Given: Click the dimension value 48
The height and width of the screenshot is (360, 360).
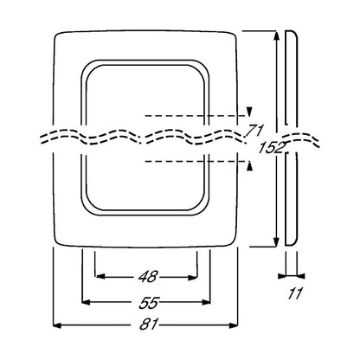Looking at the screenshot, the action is click(148, 277).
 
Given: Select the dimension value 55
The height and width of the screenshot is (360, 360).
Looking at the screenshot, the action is click(149, 303).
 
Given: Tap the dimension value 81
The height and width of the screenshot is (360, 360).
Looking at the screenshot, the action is click(149, 325).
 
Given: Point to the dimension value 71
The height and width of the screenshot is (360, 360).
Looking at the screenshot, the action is click(254, 131).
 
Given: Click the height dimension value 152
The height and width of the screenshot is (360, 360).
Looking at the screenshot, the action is click(271, 148).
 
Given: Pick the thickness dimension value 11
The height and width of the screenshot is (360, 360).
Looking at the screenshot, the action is click(294, 293).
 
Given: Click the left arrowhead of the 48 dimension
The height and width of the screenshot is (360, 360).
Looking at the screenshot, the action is click(100, 277).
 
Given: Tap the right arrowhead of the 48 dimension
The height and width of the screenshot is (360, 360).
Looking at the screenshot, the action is click(192, 278).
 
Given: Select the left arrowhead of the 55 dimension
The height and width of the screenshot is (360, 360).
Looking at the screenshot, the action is click(87, 302).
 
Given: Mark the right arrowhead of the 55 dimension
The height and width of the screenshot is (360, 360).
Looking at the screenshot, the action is click(206, 302).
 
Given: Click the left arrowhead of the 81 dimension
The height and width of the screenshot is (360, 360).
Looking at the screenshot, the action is click(57, 325).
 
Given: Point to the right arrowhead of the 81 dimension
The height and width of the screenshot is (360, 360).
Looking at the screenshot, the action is click(234, 325).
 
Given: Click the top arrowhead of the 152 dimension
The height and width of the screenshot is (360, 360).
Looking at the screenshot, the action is click(276, 35).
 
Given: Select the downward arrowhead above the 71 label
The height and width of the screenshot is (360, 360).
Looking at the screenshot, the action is click(249, 112).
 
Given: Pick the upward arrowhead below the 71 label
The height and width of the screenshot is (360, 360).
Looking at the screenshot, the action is click(249, 166).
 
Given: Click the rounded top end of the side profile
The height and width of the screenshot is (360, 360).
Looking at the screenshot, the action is click(292, 31).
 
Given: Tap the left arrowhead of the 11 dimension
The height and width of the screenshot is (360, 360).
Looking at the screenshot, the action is click(281, 276).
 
